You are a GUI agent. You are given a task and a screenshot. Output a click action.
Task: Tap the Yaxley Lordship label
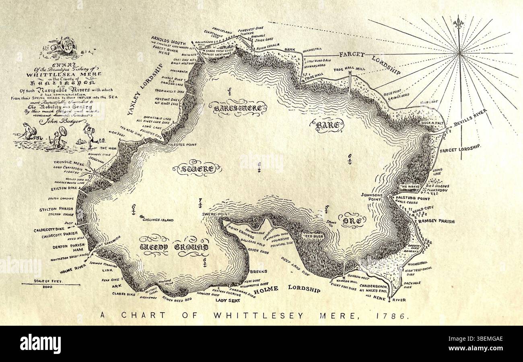143,90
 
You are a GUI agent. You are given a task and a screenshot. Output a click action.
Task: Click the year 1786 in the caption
396,316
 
